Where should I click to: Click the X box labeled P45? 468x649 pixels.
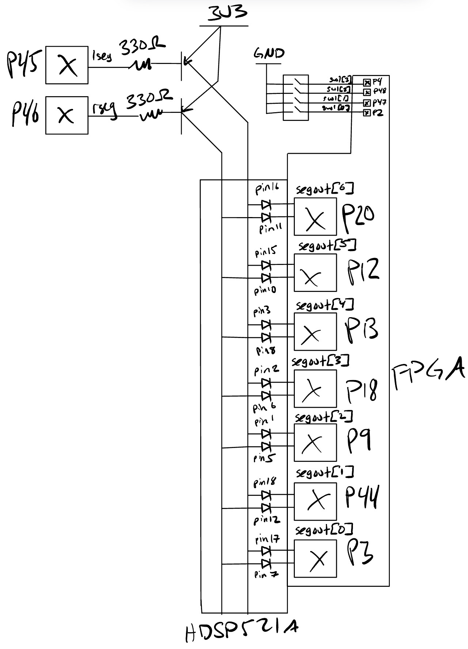[67, 65]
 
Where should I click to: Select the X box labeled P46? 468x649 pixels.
[67, 115]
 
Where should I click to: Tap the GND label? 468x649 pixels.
[269, 54]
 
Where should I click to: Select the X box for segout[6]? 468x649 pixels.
[315, 217]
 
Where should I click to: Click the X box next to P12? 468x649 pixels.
[315, 273]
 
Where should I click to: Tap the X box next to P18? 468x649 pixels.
[315, 388]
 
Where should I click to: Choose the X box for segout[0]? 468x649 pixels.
[315, 558]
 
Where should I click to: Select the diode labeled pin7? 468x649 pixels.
[266, 563]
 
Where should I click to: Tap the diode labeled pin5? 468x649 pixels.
[266, 446]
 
